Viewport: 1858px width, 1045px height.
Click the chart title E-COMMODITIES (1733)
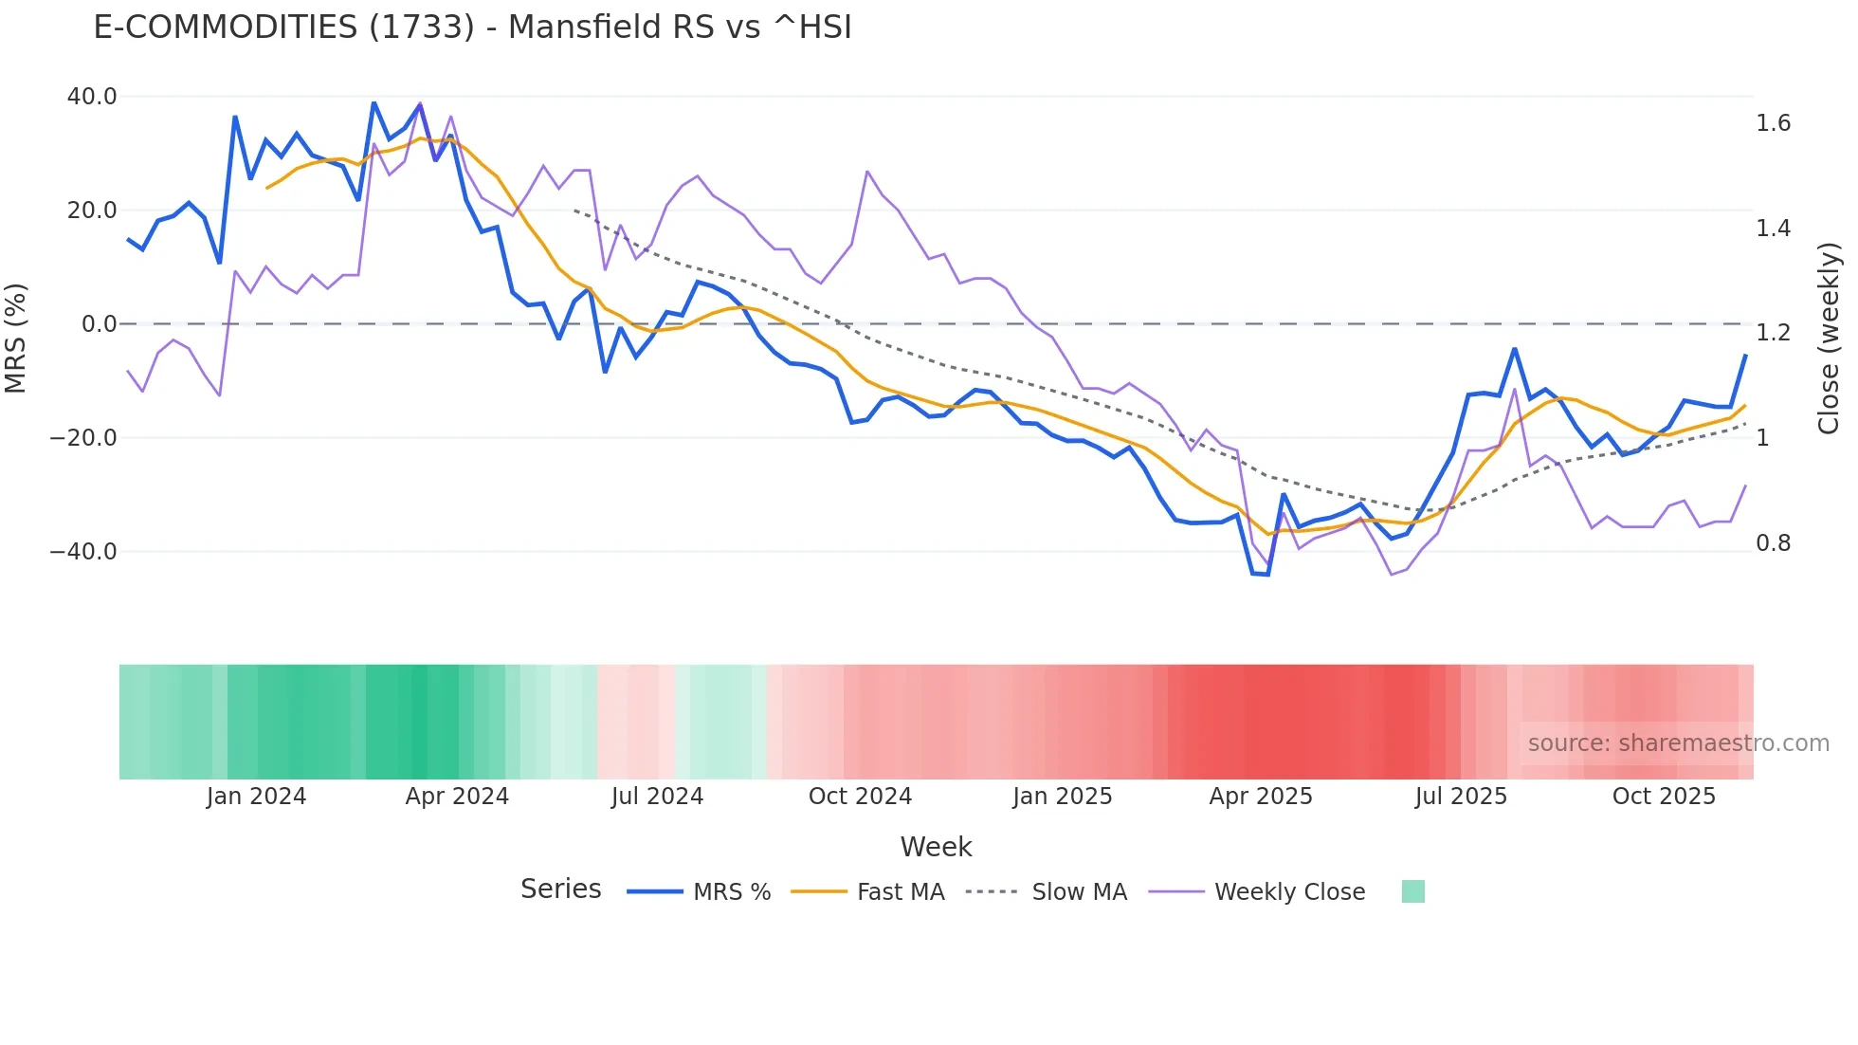(x=472, y=27)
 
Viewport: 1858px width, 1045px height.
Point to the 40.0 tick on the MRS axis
(x=92, y=97)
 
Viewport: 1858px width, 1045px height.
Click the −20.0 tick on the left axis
(x=83, y=438)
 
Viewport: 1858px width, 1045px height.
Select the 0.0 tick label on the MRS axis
(x=99, y=324)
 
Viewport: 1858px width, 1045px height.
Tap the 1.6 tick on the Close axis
(x=1773, y=123)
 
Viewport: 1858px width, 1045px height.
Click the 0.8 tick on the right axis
(x=1773, y=543)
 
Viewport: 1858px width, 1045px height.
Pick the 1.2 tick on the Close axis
(x=1773, y=333)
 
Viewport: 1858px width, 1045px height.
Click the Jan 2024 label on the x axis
(x=256, y=797)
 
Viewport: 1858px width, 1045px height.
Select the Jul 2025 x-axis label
(x=1461, y=797)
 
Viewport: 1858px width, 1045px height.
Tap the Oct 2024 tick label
(x=860, y=797)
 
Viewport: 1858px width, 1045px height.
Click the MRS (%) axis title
(x=16, y=338)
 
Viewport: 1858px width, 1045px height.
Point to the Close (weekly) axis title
(x=1830, y=338)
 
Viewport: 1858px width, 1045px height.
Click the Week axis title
(x=936, y=847)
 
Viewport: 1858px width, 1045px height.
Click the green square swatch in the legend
(x=1412, y=891)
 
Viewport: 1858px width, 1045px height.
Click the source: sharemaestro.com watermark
(x=1678, y=743)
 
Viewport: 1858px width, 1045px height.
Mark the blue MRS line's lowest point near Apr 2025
(x=1267, y=575)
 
